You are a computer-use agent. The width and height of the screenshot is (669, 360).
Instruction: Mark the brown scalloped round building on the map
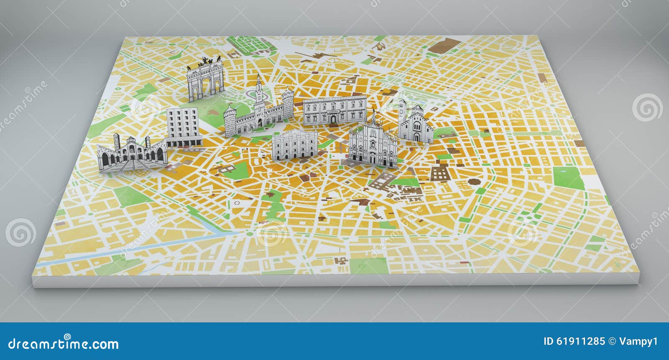coord(473,182)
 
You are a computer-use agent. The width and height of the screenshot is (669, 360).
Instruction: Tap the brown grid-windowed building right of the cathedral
coord(439,172)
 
